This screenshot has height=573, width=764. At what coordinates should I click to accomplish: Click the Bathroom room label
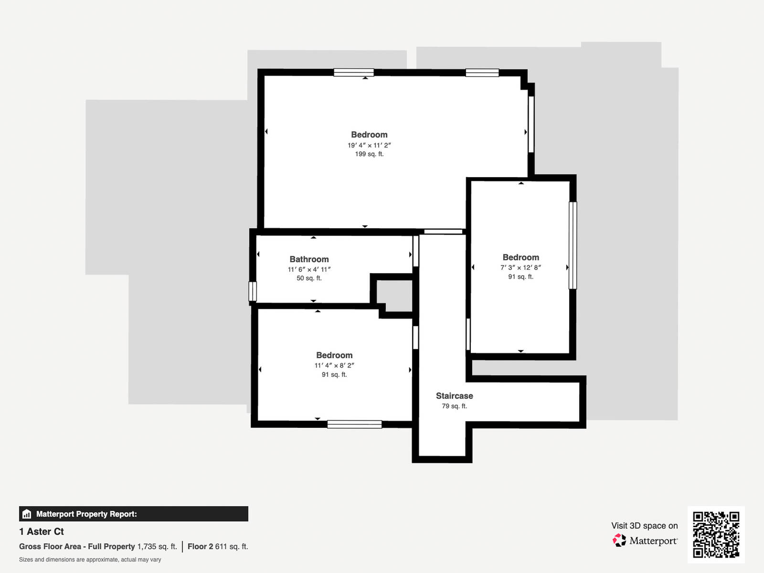click(309, 259)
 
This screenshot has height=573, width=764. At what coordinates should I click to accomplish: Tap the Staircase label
click(454, 396)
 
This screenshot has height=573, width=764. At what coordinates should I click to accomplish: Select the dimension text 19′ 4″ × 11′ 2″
click(369, 145)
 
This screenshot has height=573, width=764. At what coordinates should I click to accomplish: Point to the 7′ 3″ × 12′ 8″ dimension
click(520, 267)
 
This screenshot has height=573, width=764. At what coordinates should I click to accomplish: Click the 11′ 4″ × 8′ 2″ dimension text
click(334, 365)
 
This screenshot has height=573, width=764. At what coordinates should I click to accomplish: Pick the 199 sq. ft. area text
click(369, 154)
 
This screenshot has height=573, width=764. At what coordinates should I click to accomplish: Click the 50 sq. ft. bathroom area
click(309, 278)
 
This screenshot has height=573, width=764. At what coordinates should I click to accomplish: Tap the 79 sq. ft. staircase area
click(454, 406)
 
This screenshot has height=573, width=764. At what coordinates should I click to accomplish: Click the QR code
click(716, 534)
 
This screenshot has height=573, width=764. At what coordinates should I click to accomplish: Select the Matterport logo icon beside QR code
click(619, 541)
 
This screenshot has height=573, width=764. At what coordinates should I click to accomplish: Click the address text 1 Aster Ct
click(42, 531)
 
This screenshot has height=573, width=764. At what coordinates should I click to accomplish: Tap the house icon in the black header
click(27, 514)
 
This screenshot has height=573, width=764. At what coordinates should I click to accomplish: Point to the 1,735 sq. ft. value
click(157, 546)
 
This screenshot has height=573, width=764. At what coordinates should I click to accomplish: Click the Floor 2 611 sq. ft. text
click(218, 546)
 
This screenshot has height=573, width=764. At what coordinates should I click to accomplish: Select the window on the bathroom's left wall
click(253, 291)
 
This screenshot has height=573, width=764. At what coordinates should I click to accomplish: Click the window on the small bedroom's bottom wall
click(354, 424)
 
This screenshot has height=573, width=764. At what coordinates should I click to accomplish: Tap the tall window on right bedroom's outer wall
click(573, 245)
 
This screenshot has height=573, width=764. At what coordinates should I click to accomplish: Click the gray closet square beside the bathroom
click(395, 296)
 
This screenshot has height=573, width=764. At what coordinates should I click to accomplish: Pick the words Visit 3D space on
click(644, 526)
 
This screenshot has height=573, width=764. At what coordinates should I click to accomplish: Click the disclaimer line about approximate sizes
click(90, 560)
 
